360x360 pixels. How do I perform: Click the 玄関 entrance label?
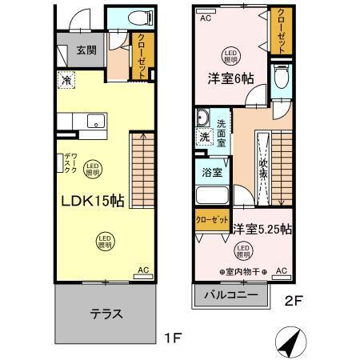pyautogui.click(x=86, y=50)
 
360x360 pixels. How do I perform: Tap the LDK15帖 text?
pyautogui.click(x=91, y=202)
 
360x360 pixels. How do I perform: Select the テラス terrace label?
pyautogui.click(x=105, y=313)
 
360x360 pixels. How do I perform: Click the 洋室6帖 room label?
pyautogui.click(x=226, y=78)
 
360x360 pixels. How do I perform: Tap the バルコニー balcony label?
pyautogui.click(x=229, y=294)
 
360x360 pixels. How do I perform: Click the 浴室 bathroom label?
pyautogui.click(x=212, y=172)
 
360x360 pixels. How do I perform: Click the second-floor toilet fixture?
pyautogui.click(x=280, y=78)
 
